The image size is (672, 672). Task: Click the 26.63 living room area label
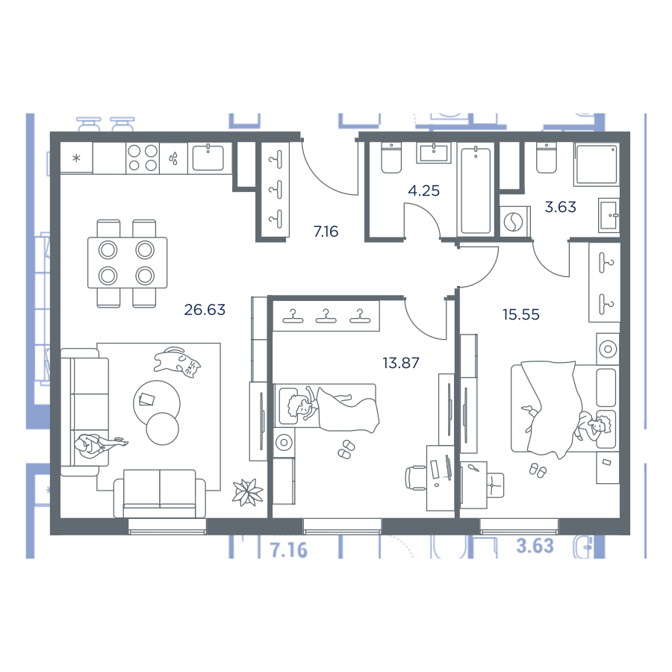coord(205,309)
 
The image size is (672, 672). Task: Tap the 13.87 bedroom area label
coord(401,363)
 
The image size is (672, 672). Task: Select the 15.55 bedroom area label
coord(520,314)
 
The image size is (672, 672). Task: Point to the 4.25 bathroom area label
coord(423,190)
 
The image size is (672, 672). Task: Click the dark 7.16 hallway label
coord(326,231)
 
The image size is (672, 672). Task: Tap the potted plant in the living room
coord(248,492)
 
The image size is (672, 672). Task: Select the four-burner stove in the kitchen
coord(143,158)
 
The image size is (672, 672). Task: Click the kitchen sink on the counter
coord(208,158)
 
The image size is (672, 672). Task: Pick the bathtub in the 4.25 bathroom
coord(476,190)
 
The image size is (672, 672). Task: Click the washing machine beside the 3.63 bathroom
coord(514,222)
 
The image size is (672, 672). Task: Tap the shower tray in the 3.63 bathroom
coord(596,164)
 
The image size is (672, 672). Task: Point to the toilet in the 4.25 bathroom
coord(391,158)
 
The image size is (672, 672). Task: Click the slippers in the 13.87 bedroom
coord(346,449)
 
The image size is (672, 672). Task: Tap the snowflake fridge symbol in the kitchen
coord(76,158)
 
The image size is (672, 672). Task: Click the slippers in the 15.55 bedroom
coord(538,470)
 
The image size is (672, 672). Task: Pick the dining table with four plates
coord(127,263)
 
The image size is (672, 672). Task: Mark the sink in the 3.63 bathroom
coord(609,215)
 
